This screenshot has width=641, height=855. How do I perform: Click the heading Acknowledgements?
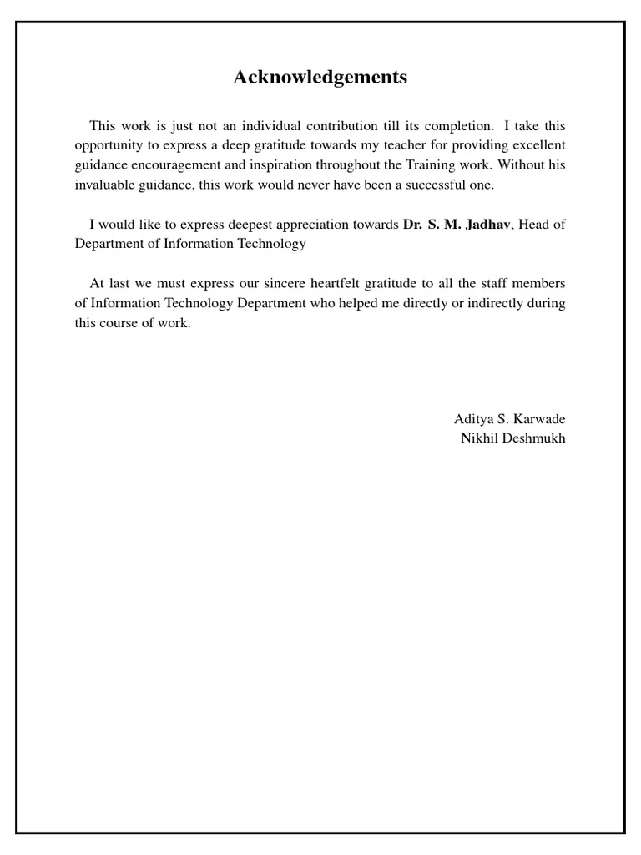[x=320, y=78]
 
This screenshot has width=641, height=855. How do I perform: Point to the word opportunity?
[x=108, y=146]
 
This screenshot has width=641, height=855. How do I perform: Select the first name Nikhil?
[x=479, y=438]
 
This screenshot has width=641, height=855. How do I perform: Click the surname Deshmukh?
[x=534, y=438]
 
